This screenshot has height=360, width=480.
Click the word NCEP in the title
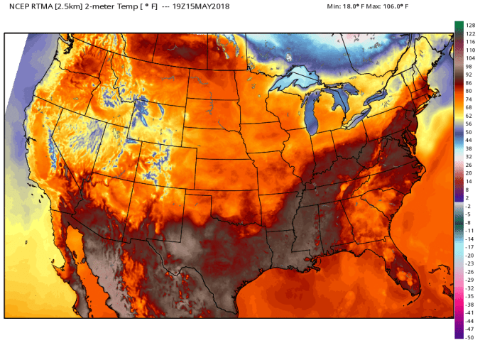19,6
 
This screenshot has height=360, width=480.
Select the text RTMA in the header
43,6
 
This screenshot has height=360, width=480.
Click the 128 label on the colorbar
469,26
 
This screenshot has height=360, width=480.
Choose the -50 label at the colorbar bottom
469,337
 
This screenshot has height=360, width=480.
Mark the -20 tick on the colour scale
469,255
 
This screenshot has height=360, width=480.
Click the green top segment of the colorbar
459,26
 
